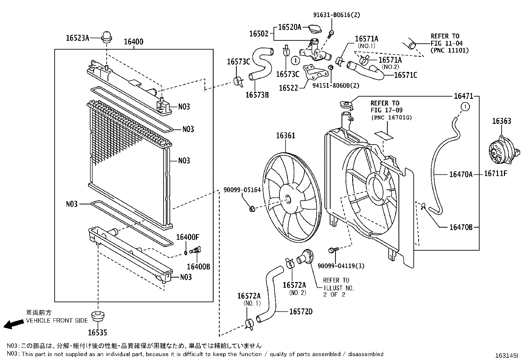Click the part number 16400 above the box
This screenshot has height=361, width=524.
133,42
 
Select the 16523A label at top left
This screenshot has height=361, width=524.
77,38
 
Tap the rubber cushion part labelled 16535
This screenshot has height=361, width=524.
98,317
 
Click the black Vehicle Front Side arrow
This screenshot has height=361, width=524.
13,324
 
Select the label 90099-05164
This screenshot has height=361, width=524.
242,190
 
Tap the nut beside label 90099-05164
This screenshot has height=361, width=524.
252,208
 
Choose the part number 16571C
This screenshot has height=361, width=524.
406,75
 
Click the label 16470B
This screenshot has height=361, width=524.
461,227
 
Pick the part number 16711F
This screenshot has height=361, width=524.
495,173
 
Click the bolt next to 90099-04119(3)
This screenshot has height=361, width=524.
332,251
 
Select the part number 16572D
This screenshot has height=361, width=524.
301,311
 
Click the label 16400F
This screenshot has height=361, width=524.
188,237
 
